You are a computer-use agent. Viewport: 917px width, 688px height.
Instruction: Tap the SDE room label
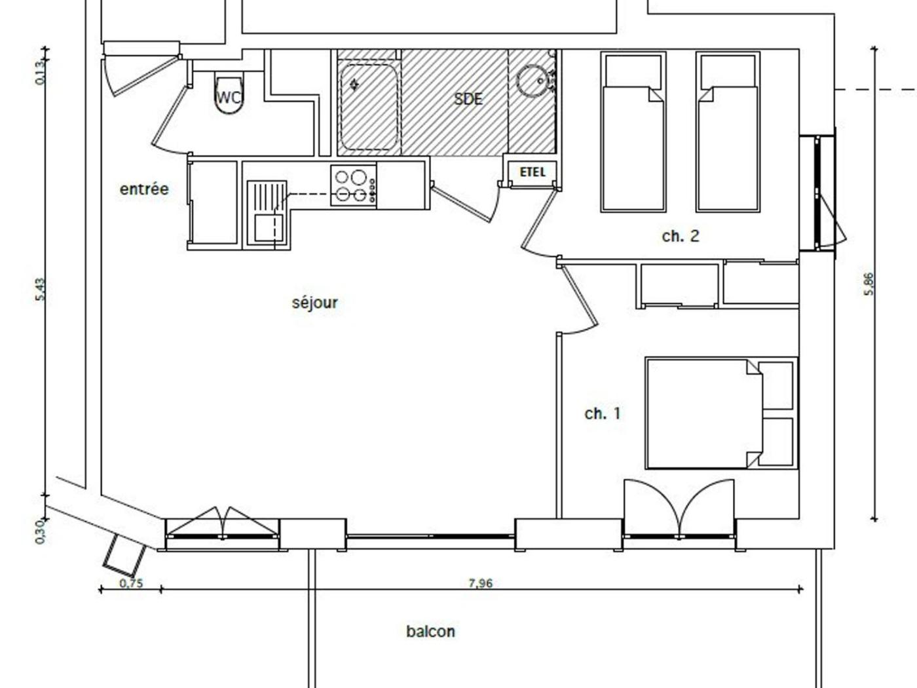468,99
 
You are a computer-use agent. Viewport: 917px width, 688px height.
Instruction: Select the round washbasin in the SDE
535,81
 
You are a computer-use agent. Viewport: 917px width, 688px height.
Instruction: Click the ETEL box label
533,172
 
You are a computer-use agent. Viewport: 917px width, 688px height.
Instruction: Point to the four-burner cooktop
354,185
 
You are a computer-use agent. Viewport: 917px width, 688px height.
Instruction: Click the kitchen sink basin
268,228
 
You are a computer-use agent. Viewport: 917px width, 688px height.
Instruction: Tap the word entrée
144,189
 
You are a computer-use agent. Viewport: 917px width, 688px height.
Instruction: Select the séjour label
314,303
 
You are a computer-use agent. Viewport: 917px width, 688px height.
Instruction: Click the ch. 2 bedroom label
681,236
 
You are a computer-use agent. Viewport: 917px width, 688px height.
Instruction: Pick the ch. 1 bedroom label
603,413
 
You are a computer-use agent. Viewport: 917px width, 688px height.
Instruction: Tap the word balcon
431,631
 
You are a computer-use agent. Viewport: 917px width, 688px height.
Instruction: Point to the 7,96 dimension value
480,583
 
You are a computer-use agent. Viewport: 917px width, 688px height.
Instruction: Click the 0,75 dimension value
131,583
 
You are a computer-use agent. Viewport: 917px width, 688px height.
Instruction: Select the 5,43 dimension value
40,289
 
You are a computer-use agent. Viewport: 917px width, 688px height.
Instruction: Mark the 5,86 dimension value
869,284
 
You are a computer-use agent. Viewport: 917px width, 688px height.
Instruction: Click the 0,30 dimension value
40,532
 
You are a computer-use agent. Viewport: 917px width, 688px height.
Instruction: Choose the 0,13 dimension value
40,73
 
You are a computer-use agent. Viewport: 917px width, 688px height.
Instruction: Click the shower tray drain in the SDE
354,85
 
